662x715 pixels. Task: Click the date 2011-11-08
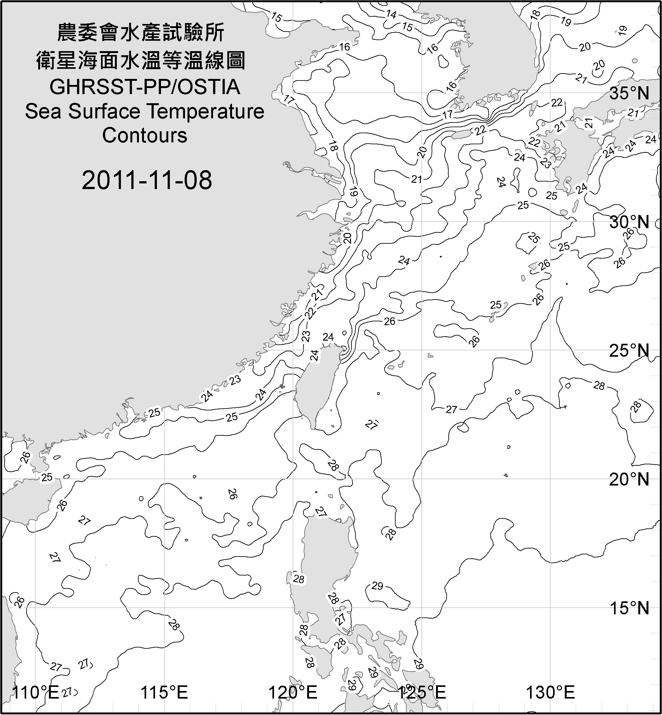(147, 180)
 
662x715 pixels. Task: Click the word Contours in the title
(145, 135)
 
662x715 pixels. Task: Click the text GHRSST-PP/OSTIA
(145, 87)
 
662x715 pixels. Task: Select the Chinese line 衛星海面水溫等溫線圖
(141, 60)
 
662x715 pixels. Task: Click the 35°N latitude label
(629, 93)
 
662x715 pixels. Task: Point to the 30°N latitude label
(629, 223)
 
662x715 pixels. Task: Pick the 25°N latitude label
(629, 351)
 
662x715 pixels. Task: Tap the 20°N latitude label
(629, 479)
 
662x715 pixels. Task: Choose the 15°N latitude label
(629, 608)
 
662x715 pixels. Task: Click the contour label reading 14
(391, 14)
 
